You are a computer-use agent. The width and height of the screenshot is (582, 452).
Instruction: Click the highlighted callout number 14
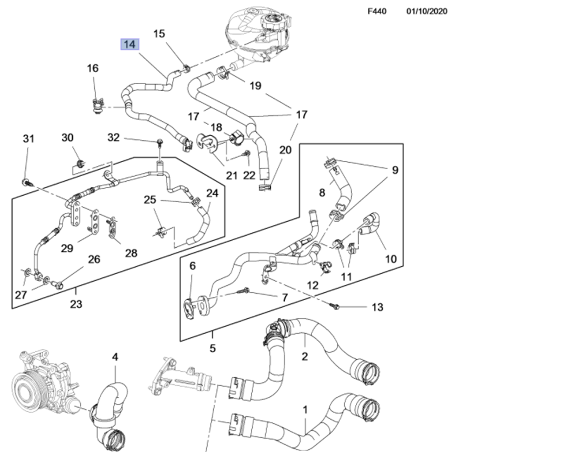130,44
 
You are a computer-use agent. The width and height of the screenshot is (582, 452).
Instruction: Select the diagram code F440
377,11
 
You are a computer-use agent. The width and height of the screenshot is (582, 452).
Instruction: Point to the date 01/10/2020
426,11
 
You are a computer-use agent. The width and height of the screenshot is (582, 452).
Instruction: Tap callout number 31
29,139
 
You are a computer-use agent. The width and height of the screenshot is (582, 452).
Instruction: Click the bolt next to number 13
336,307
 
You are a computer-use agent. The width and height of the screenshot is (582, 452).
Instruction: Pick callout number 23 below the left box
76,304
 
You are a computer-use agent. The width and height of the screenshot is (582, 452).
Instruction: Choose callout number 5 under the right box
213,348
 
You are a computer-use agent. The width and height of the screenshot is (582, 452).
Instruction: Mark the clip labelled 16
97,106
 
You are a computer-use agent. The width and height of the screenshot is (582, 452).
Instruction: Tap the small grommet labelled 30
80,163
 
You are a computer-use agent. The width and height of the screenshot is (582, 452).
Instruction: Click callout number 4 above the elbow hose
115,357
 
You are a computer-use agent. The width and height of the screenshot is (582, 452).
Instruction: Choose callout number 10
391,259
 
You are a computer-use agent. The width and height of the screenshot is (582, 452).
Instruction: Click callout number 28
131,253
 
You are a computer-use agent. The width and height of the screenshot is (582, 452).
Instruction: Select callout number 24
212,193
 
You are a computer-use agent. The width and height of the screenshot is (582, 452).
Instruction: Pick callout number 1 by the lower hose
305,410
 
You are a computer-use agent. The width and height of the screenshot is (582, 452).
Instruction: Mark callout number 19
255,86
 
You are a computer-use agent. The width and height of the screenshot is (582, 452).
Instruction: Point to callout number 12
313,285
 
